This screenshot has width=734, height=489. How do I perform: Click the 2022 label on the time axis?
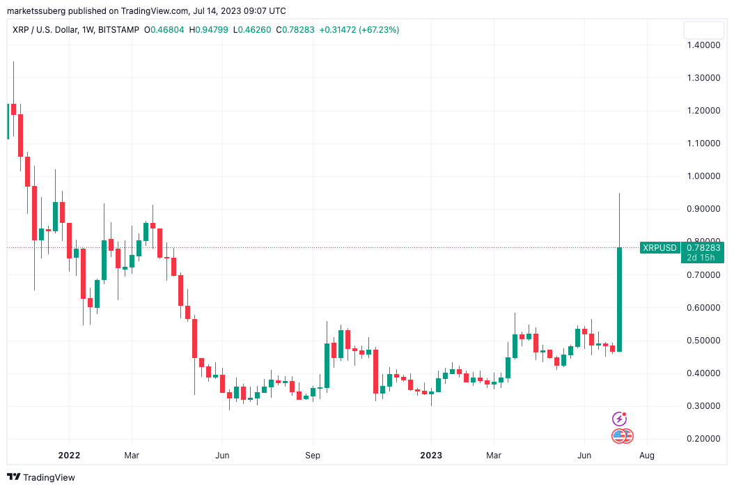click(69, 456)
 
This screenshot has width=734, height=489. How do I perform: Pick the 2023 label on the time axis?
click(431, 456)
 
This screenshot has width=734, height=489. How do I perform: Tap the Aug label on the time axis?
click(647, 456)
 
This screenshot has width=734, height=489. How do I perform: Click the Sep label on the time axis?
click(313, 456)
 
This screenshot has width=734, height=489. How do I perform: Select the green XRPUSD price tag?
click(659, 247)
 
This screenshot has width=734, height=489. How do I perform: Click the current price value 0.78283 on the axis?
click(703, 247)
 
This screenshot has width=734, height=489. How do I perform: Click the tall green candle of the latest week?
click(619, 300)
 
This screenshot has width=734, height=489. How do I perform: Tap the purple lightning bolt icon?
click(619, 419)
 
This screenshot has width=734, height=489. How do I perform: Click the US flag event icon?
click(618, 436)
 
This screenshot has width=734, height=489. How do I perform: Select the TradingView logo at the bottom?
click(41, 477)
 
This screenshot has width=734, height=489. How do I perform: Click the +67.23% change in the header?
click(379, 30)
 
